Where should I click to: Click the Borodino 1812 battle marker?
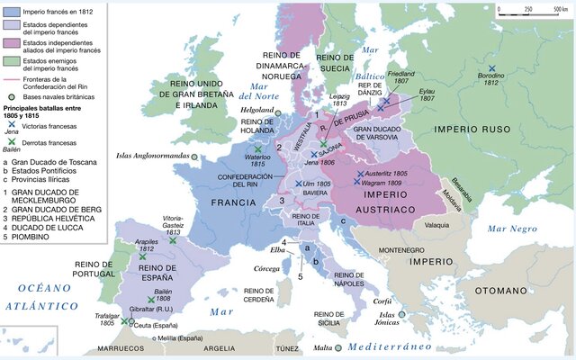coord(491,68)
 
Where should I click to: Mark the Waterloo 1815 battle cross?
coord(258,148)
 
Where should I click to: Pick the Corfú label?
coord(382,302)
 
